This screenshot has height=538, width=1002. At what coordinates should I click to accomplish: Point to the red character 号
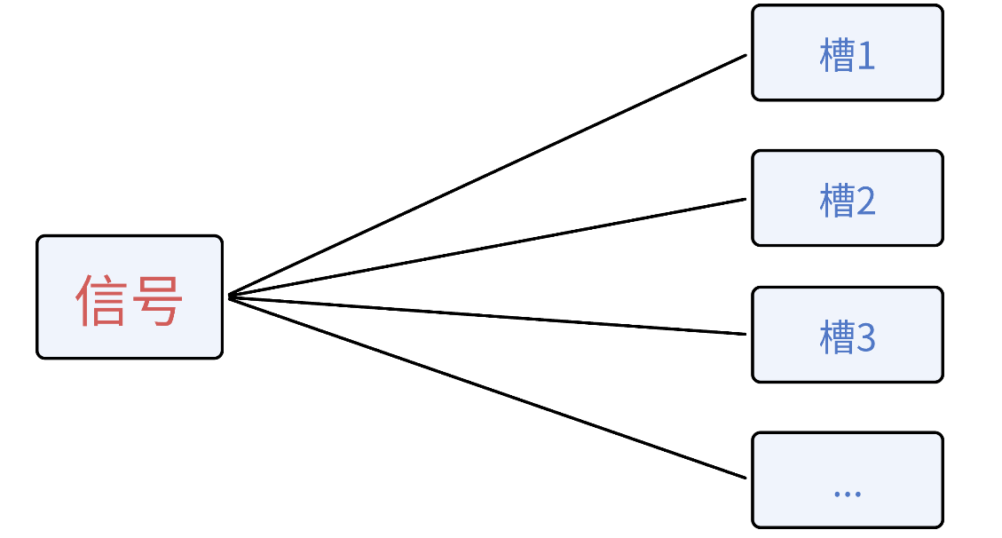click(157, 300)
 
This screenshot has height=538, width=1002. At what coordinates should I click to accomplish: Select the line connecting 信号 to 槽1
click(488, 175)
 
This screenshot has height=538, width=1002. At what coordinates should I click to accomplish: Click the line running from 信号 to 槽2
click(488, 248)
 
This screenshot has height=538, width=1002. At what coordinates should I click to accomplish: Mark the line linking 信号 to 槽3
click(488, 315)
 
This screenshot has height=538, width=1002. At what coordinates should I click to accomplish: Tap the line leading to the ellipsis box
click(488, 386)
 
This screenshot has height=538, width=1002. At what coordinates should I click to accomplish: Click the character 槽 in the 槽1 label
click(836, 58)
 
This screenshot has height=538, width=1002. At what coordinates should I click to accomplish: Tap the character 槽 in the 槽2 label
click(836, 202)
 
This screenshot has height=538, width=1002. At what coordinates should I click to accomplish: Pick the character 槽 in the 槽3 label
click(836, 338)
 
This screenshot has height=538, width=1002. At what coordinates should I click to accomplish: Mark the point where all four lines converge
click(230, 296)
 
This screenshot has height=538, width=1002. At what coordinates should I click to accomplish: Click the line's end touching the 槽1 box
click(745, 56)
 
